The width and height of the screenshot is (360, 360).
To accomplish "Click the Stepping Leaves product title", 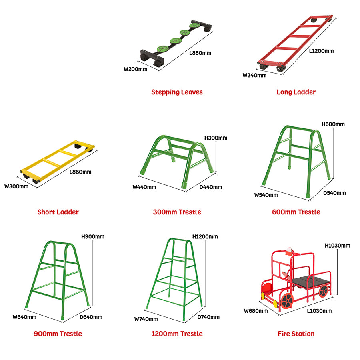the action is coord(177,92).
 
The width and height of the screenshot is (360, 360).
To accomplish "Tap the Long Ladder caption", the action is coord(296,92).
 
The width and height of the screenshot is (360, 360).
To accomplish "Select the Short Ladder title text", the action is coord(58,212).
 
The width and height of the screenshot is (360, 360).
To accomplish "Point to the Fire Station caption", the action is coord(296,334).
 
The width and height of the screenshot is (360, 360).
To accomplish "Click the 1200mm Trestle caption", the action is coord(177,334).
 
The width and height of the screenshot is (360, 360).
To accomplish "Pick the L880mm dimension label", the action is coord(200,53).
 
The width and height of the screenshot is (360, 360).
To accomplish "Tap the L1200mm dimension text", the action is coord(321,51).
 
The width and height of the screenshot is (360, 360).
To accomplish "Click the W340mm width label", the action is coord(254,75).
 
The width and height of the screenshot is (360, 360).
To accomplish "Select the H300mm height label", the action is coord(216,138).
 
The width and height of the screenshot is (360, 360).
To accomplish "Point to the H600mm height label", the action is coord(333,124).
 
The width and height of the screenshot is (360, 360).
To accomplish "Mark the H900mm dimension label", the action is coord(93,237).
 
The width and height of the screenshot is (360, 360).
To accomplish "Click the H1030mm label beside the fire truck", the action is coord(337,246).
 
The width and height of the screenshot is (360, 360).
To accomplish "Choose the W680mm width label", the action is coord(256,311).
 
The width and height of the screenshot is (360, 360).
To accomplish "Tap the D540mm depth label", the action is coord(334,193).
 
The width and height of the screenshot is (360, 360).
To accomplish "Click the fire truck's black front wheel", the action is coord(287,300).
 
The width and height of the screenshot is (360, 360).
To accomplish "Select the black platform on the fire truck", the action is coord(311,282).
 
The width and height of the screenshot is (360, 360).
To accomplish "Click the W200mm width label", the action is coord(136,69).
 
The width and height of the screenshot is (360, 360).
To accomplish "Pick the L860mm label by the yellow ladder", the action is coord(80,172).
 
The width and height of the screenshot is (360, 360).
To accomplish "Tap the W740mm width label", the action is coord(146,319).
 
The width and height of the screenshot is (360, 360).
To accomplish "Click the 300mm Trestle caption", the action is coord(177,212).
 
